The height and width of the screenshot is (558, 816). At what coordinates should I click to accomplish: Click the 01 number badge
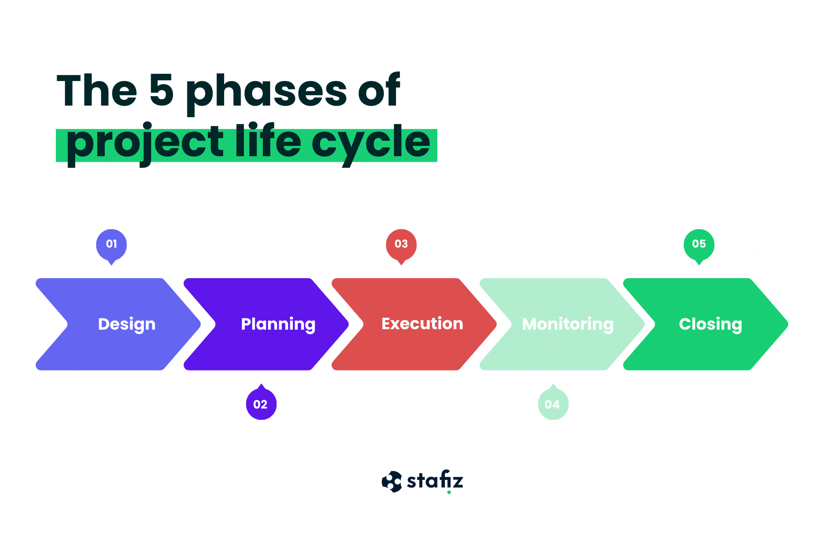click(111, 244)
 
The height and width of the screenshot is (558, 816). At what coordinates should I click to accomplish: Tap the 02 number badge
click(261, 404)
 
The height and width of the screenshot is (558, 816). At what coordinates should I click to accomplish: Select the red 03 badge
click(401, 244)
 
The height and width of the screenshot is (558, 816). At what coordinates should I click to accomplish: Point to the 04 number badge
click(553, 404)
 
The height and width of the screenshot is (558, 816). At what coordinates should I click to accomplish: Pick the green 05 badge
click(699, 244)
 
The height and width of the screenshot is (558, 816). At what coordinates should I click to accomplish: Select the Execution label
click(422, 324)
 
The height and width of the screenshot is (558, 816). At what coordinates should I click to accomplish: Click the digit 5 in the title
click(161, 90)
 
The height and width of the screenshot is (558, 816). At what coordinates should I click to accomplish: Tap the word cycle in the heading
click(371, 144)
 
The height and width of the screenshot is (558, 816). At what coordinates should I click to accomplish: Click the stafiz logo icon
click(392, 482)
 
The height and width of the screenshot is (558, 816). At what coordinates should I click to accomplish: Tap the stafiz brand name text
click(435, 480)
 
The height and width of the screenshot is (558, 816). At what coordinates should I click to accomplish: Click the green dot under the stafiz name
click(449, 492)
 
